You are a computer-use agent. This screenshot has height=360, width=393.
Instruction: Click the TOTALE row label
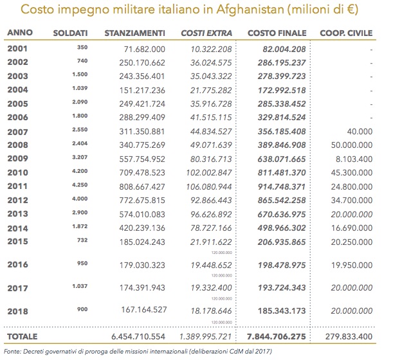click(23, 336)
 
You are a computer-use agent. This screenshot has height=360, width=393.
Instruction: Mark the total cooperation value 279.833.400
click(351, 336)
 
